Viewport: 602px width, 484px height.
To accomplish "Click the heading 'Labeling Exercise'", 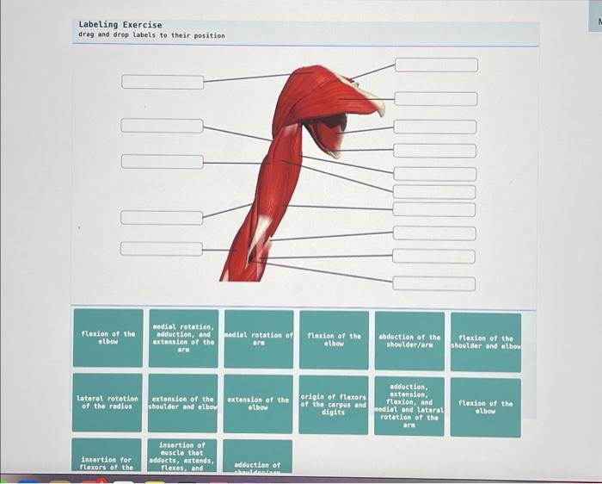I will (120, 25).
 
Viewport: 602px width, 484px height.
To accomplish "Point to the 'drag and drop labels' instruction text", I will (151, 36).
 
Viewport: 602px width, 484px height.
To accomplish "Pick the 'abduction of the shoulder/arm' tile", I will (409, 340).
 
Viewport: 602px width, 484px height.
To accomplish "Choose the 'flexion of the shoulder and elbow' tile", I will (486, 340).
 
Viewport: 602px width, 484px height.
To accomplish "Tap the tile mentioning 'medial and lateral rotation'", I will (409, 405).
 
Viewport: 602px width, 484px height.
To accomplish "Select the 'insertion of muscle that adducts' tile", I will (183, 456).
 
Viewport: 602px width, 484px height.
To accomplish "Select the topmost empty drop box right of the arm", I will (435, 65).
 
